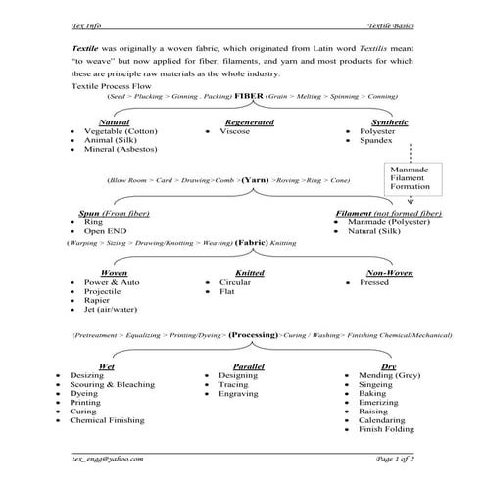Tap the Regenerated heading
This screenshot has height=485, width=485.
point(248,121)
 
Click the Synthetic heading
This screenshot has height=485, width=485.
point(376,121)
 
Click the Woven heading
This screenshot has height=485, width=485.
point(115,273)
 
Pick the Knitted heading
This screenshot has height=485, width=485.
point(250,273)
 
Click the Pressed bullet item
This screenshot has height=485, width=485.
point(375,282)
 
